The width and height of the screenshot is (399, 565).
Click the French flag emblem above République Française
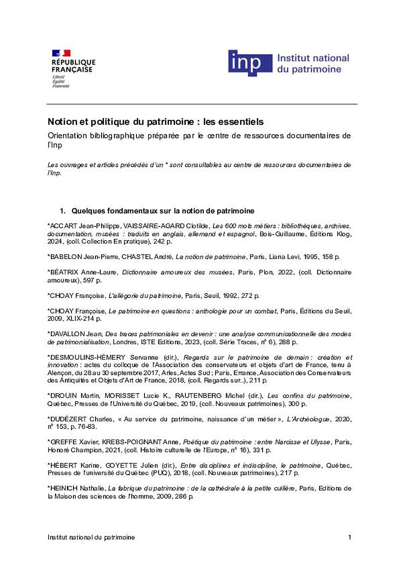(61, 53)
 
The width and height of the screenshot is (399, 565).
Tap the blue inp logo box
(250, 64)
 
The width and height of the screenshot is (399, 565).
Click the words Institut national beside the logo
(313, 58)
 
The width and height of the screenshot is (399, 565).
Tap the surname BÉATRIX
(63, 272)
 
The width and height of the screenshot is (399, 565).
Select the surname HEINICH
(63, 488)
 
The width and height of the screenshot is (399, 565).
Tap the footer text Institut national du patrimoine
(91, 537)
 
